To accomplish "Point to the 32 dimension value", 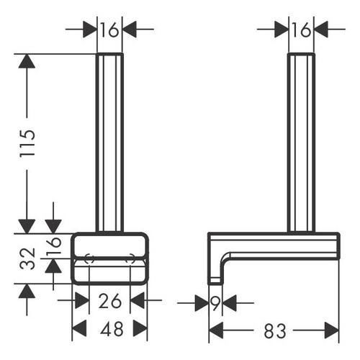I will (x=27, y=257).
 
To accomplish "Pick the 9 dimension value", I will (x=215, y=303).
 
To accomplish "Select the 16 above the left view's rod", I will (x=109, y=30).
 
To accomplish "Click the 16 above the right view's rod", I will (x=301, y=30).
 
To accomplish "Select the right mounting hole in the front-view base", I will (x=132, y=259).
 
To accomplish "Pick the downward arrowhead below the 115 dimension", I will (x=27, y=224).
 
